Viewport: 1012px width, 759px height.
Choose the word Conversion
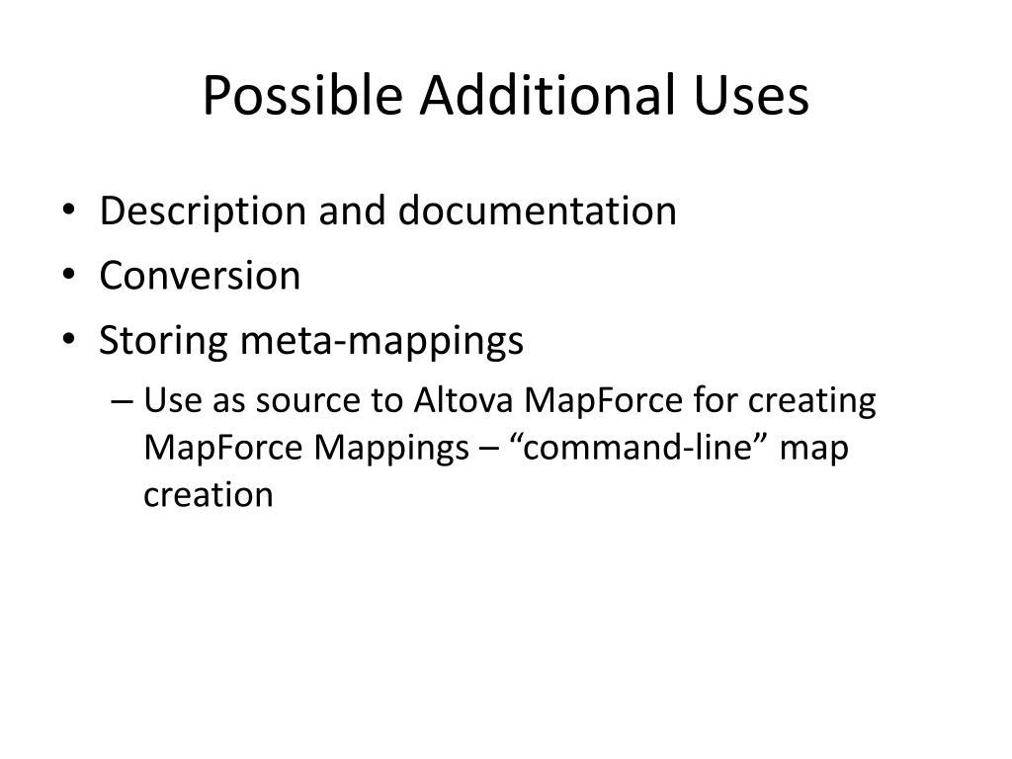click(x=200, y=276)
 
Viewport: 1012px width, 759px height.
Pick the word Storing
click(x=164, y=341)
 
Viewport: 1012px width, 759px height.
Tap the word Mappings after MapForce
click(x=391, y=448)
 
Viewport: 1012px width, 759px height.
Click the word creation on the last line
click(x=208, y=493)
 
